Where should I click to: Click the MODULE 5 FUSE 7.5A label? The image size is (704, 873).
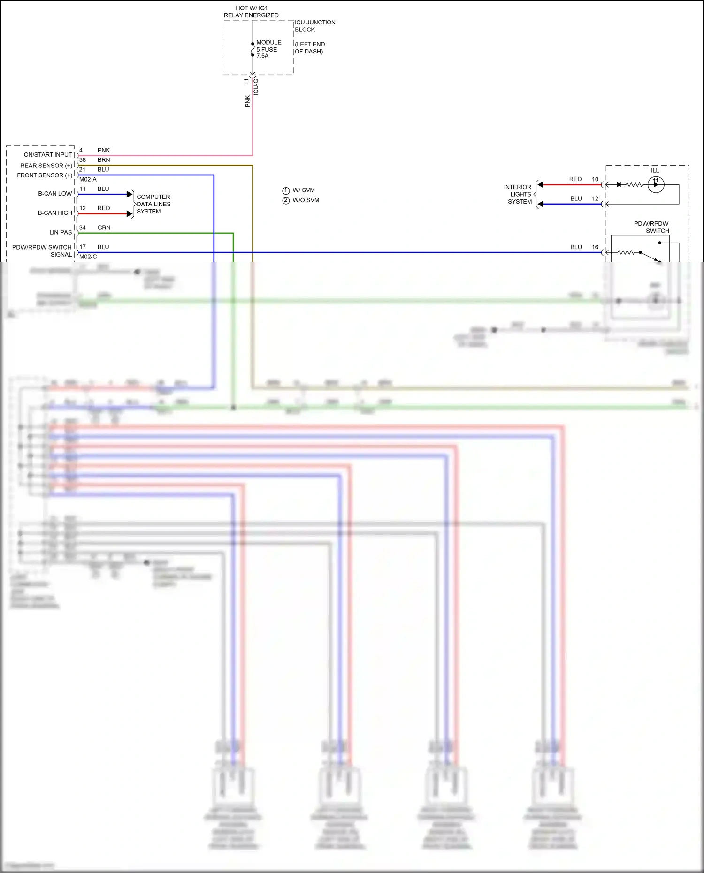268,49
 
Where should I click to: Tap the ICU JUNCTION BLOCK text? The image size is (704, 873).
314,26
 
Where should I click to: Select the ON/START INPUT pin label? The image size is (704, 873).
48,155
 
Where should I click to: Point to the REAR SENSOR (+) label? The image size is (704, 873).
46,166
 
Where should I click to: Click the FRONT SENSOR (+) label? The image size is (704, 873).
45,175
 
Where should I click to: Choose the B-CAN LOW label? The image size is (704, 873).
55,194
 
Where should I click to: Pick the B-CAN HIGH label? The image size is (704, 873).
55,213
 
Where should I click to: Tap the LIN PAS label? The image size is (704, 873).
61,232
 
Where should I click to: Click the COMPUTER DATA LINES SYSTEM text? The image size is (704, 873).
153,204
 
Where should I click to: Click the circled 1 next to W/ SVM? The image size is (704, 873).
286,190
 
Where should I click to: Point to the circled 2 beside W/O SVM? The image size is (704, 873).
286,200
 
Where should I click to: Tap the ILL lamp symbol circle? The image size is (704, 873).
656,185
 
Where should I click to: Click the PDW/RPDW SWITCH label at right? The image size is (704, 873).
651,227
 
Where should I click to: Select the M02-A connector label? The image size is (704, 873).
88,179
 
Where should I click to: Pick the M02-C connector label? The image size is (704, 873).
88,257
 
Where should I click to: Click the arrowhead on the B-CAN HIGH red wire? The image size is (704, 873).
130,214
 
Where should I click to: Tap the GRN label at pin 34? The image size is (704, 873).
104,228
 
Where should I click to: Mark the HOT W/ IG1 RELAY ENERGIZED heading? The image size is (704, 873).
251,12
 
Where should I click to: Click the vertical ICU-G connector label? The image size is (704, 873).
256,87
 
